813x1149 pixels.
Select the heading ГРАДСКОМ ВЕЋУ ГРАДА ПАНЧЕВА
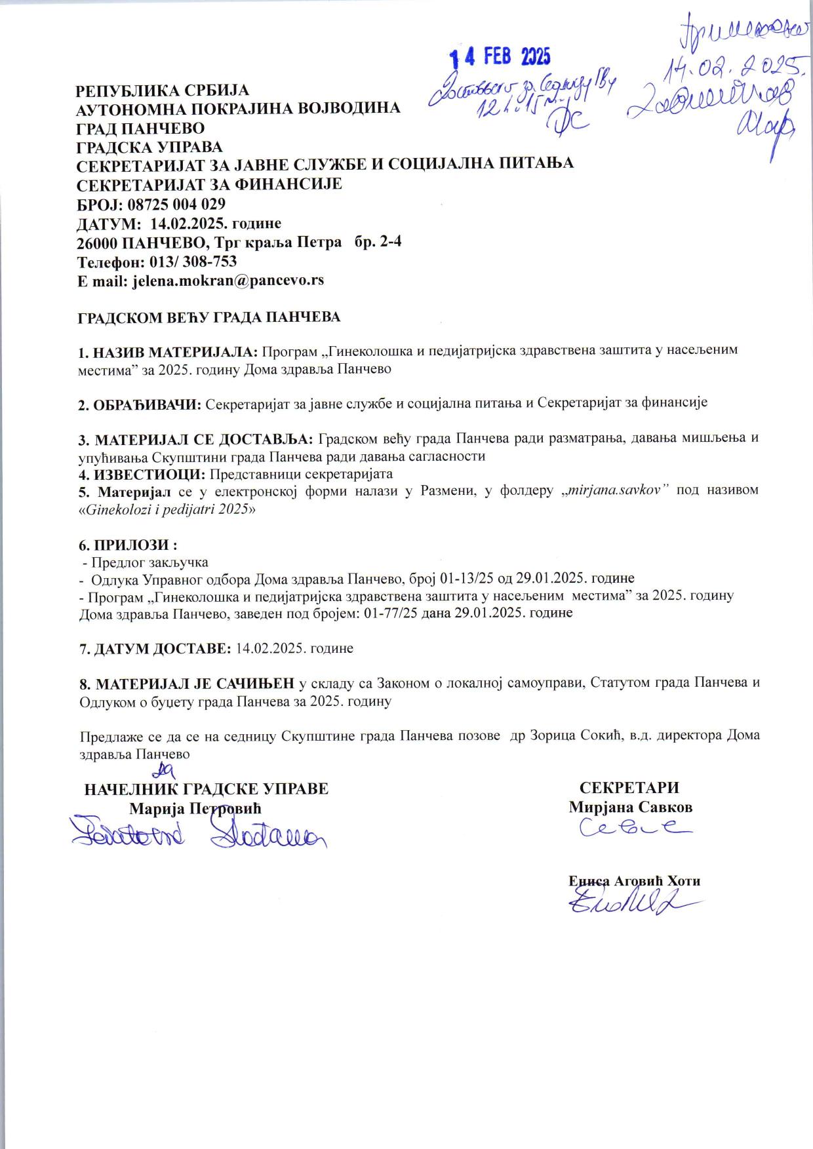coord(209,317)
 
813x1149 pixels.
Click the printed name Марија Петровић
coord(195,808)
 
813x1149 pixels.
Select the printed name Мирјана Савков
coord(630,807)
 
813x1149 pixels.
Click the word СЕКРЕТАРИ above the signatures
coord(629,788)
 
